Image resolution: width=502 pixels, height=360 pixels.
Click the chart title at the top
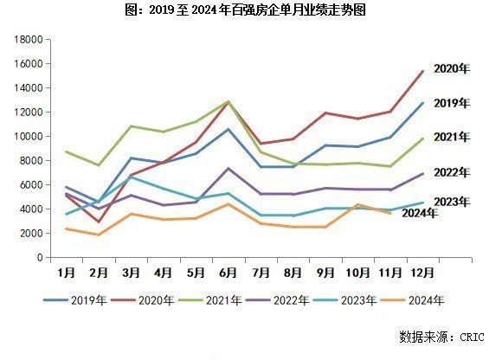click(251, 10)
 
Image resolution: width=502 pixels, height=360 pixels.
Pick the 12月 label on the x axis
click(421, 271)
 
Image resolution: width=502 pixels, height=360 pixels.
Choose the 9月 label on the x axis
click(323, 271)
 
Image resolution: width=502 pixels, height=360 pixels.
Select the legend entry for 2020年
click(154, 300)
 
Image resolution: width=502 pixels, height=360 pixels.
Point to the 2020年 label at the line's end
click(451, 68)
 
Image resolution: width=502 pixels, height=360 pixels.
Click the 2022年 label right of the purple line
click(451, 173)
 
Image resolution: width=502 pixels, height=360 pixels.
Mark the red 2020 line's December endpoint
click(422, 71)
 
